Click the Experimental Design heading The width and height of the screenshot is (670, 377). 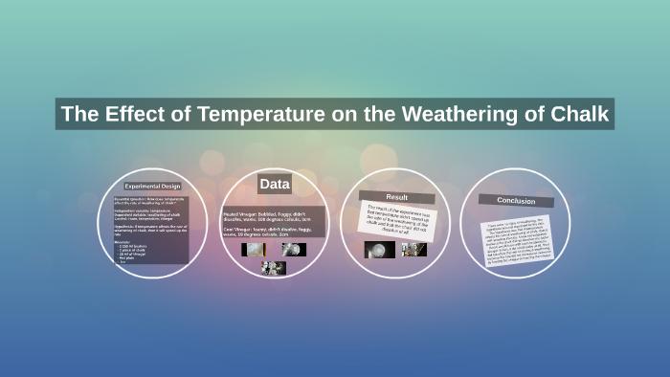[152, 187]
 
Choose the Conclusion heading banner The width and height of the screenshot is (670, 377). [516, 200]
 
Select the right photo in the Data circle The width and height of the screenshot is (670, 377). [295, 249]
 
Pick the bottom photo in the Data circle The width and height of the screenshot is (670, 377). [274, 268]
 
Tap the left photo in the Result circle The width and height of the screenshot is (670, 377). [379, 250]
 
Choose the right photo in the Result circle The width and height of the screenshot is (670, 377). [414, 250]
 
